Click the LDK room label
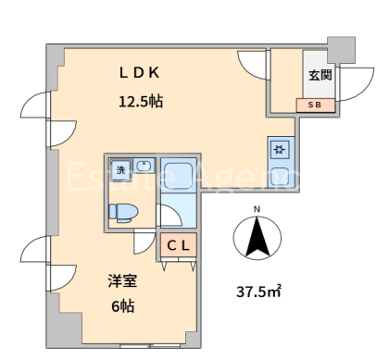pos(139,73)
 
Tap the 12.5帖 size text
pos(141,101)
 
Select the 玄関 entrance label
pos(320,75)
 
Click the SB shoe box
pos(316,105)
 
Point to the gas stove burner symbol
pos(280,150)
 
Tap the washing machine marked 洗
pos(121,169)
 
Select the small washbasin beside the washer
pos(144,167)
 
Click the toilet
pos(123,212)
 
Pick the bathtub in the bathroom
pos(179,176)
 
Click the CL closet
pos(179,245)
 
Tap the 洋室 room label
pos(122,280)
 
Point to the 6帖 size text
pos(122,305)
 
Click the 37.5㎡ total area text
pos(258,292)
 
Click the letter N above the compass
pos(257,209)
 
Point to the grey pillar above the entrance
pos(341,50)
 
